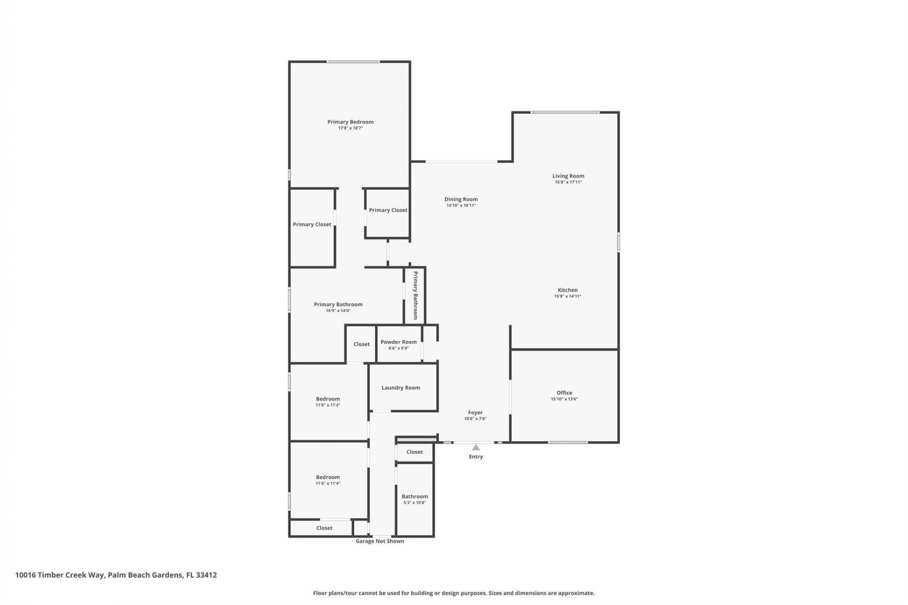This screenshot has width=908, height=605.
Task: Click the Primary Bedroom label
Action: coord(350,122)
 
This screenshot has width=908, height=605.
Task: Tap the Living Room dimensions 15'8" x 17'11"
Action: coord(568,182)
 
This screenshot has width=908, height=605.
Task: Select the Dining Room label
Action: coord(461,199)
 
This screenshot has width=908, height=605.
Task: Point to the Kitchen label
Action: coord(567,290)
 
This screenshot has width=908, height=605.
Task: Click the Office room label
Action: coord(564,393)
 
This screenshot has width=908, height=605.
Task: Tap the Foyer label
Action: coord(475,413)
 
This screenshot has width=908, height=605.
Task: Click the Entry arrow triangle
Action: coord(476,448)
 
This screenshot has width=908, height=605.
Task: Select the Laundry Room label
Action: coord(401,388)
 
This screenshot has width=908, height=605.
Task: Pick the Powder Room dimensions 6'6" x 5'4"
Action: coord(399,348)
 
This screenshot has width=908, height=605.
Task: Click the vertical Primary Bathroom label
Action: coord(415,295)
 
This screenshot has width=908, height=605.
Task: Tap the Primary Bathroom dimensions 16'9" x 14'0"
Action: coord(338,311)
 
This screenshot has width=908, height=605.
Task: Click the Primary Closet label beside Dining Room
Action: coord(388,210)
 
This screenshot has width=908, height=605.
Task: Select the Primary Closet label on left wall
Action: coord(312,225)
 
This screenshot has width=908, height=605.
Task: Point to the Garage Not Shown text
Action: coord(380,541)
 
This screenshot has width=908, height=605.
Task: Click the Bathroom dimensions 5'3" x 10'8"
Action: coord(415,503)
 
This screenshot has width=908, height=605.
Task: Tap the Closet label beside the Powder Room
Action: coord(361,344)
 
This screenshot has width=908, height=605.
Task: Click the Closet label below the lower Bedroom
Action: coord(324,528)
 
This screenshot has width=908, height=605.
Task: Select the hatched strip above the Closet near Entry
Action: coord(416,440)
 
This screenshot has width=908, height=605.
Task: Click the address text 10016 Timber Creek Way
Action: coord(60,575)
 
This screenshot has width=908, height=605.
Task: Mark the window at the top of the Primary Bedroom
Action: coord(352,62)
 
